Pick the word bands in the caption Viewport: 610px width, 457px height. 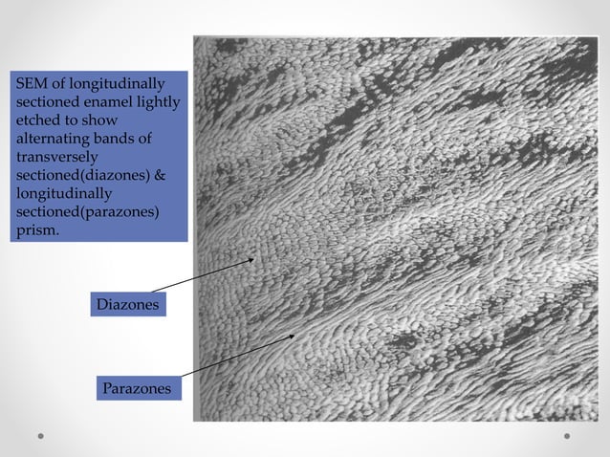pyautogui.click(x=120, y=140)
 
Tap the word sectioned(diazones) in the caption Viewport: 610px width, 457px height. pyautogui.click(x=78, y=176)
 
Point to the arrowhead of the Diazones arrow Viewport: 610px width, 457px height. pyautogui.click(x=254, y=258)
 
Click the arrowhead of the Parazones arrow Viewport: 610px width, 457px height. pyautogui.click(x=294, y=336)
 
